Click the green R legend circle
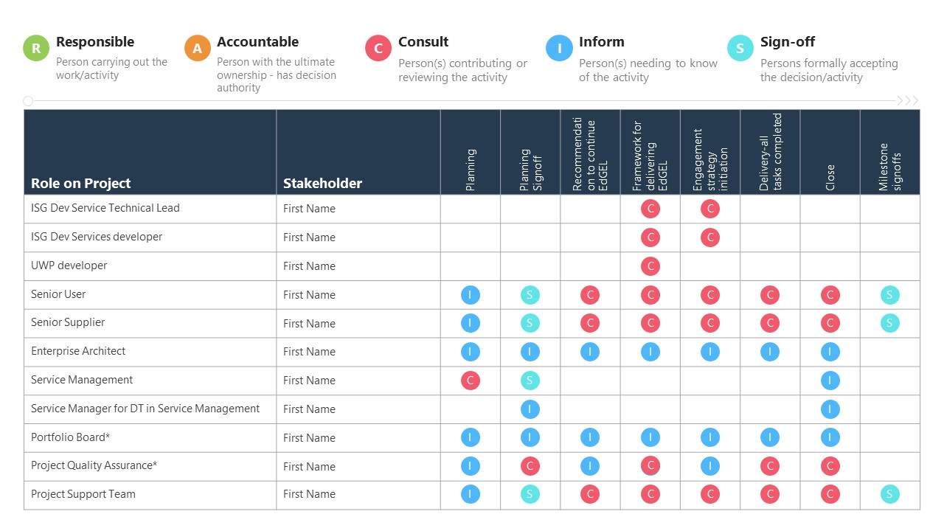point(36,49)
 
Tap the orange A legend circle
point(197,49)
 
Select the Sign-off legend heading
point(787,42)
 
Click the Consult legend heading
point(423,42)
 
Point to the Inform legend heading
point(601,42)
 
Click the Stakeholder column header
point(322,183)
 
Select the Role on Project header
point(80,183)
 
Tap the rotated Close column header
point(830,177)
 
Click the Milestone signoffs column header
point(889,167)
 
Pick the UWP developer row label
point(69,265)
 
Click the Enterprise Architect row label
point(78,351)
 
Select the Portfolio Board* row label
point(70,437)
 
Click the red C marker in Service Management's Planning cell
point(470,381)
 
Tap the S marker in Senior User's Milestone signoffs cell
point(889,295)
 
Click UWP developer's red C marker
point(650,266)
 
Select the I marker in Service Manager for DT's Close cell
point(830,409)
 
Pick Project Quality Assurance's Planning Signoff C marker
point(530,466)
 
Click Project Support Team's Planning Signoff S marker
point(530,494)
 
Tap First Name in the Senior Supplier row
point(309,323)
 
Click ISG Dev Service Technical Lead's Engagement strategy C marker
point(709,209)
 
